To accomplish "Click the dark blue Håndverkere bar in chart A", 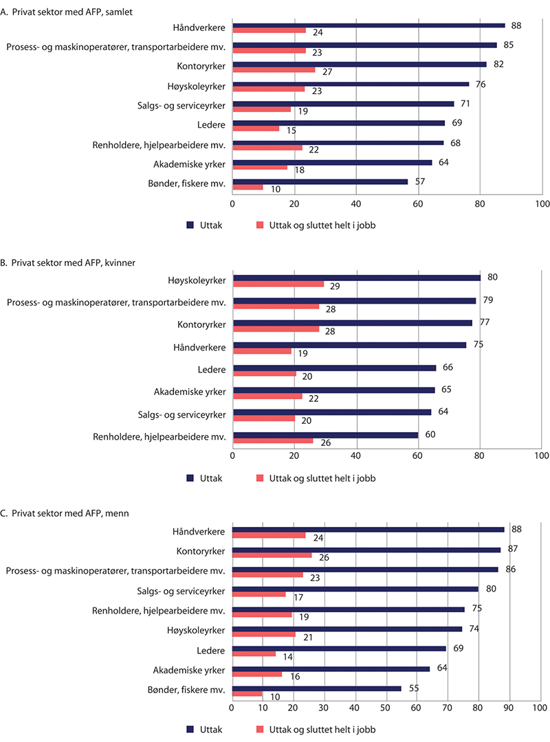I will pos(368,25).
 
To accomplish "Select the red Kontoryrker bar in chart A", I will pos(274,69).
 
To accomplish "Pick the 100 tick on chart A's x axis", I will pos(541,204).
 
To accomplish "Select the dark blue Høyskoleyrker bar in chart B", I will pos(357,278).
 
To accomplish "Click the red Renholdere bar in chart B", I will pos(273,440).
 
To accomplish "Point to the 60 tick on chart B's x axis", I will pos(418,456).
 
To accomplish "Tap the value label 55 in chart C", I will pos(411,688).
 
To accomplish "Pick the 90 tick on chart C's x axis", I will pos(509,706).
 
